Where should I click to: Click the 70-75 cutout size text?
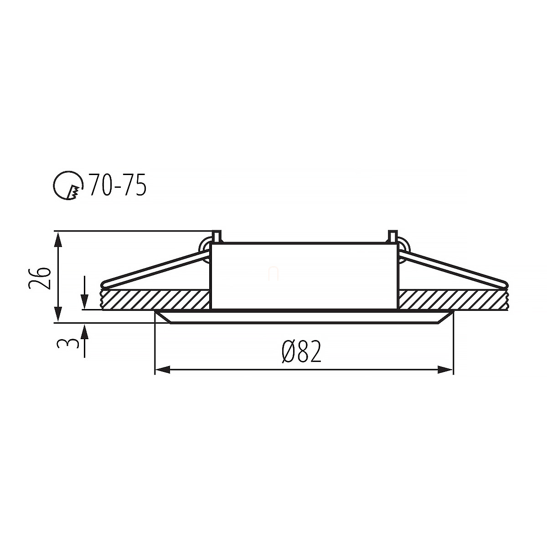tap(118, 185)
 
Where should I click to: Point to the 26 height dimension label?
tap(40, 278)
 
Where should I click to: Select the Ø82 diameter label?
tap(301, 351)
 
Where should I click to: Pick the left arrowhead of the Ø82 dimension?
tap(163, 370)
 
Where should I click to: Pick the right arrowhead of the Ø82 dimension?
tap(445, 370)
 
